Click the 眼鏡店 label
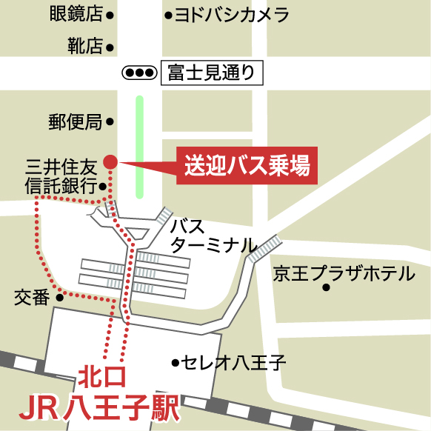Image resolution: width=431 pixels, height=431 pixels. pos(75,14)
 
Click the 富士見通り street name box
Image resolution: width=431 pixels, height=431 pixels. pos(211,73)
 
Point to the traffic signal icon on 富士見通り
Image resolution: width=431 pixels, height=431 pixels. pos(139,73)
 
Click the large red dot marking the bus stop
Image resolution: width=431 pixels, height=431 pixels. pos(110,162)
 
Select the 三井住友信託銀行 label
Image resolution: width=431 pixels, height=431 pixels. pos(63,175)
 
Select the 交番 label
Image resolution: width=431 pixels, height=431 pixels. pos(31,298)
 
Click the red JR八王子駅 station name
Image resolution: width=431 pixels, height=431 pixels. pos(98,407)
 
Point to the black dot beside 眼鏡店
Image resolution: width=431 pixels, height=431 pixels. pos(110,14)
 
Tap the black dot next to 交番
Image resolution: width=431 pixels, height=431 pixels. pos(59,298)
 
